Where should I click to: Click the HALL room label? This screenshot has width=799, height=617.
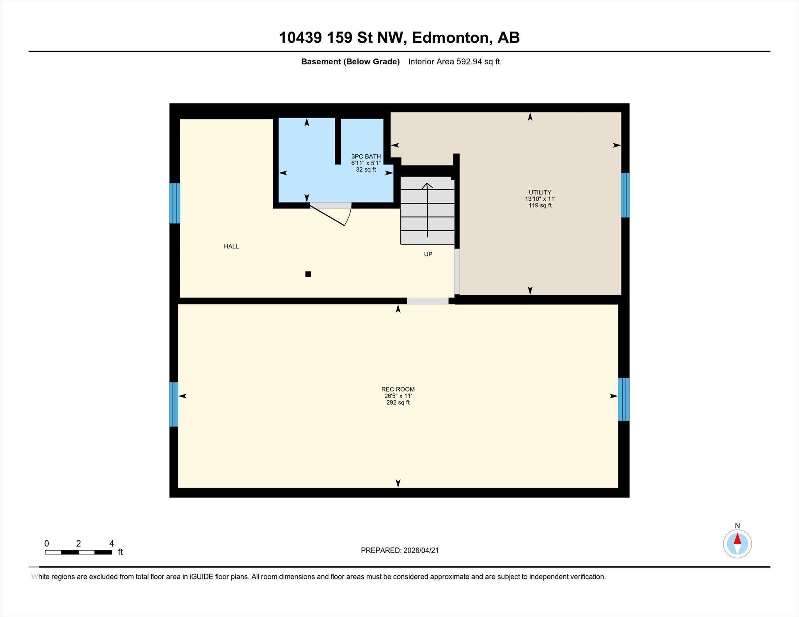pos(231,246)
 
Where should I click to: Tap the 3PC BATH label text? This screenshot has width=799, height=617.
pos(366,157)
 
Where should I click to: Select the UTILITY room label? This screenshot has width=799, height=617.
pos(540,192)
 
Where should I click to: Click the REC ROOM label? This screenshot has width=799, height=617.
pos(398,389)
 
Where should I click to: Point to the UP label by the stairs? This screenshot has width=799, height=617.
pos(428,254)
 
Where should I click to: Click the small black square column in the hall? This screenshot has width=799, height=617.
pos(308,274)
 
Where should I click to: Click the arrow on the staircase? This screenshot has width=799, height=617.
pos(427,210)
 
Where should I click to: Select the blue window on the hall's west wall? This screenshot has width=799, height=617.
pos(174,203)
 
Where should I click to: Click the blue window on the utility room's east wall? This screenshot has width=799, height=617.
pos(625,195)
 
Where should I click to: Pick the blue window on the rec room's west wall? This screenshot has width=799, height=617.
pos(174,404)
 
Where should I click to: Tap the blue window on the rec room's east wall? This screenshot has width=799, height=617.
pos(623,399)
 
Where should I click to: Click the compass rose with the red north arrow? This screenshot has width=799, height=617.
pos(737,544)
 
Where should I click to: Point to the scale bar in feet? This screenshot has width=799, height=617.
pos(78,552)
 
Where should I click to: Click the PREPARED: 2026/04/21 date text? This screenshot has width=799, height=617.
pos(399,550)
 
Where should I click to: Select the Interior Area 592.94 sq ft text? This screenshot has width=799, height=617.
pos(454,62)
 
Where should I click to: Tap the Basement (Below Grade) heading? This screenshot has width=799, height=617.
pos(350,62)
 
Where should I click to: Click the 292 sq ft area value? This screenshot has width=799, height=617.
pos(398,403)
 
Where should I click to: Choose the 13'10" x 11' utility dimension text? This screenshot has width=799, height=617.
pos(540,199)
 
